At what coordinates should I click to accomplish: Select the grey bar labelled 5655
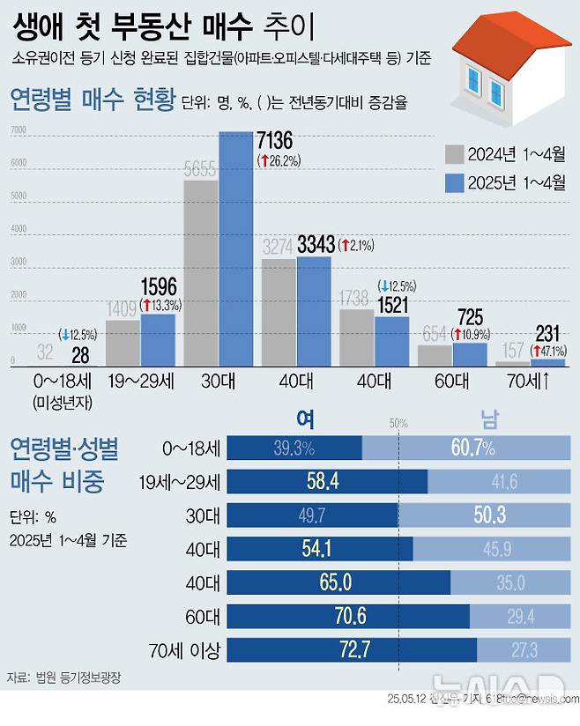coord(201,273)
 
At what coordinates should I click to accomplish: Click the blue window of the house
coord(476,87)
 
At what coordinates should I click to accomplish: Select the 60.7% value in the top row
coord(472,448)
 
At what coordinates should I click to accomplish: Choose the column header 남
coord(488,421)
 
